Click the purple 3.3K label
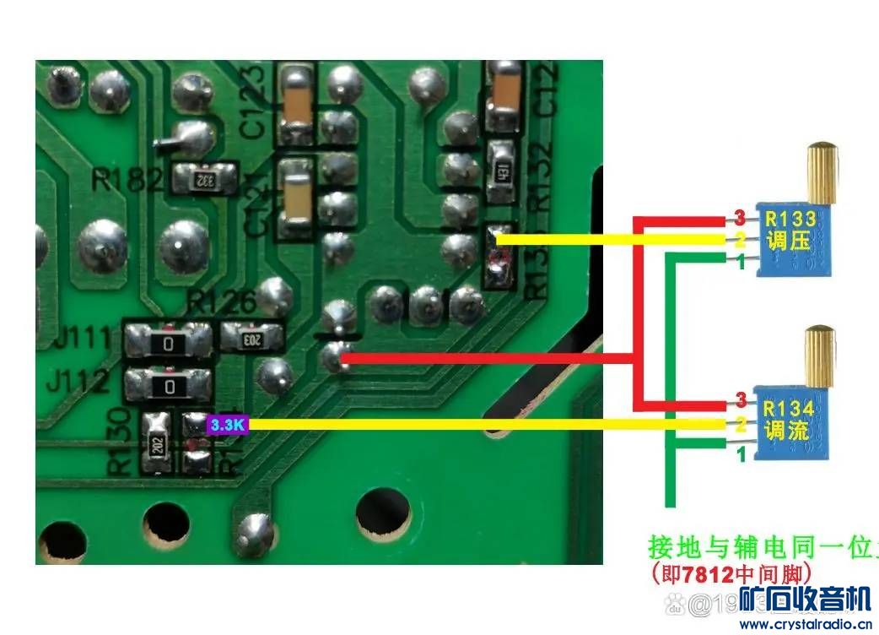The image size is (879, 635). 227,425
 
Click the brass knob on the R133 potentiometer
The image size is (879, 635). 821,173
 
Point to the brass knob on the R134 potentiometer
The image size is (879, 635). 820,355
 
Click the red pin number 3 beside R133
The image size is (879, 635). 738,216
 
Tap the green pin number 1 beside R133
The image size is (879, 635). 740,263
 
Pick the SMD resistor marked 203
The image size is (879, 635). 251,339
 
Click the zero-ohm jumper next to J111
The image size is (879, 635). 170,343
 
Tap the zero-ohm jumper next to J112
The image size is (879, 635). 170,386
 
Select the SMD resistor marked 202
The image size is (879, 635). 158,444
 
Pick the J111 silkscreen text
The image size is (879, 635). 82,340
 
